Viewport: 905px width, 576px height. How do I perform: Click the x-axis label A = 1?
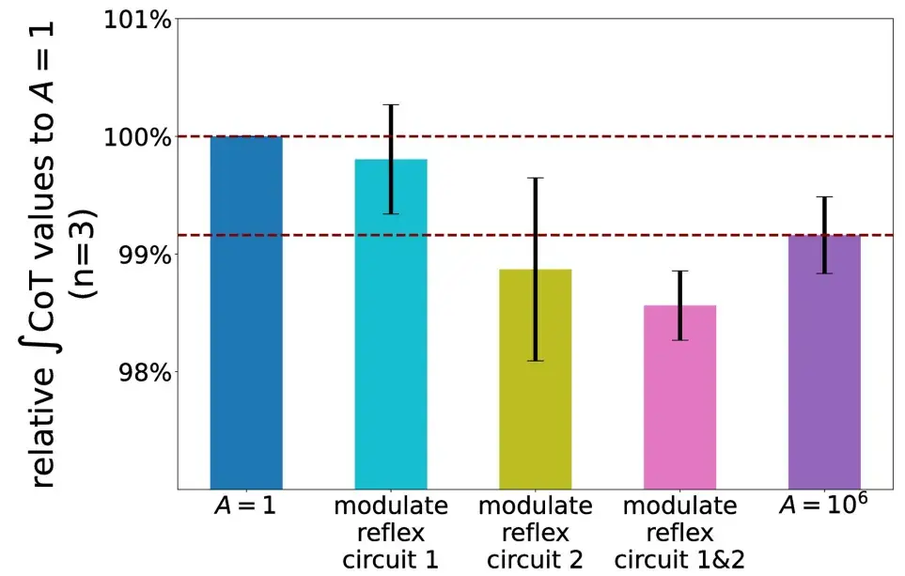pos(246,507)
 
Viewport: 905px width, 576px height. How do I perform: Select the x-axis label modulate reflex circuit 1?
pos(391,533)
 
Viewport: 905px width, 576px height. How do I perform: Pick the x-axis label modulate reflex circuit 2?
pos(535,533)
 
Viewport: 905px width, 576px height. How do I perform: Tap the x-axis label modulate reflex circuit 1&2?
pos(679,533)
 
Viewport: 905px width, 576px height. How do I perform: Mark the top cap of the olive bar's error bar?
pos(535,178)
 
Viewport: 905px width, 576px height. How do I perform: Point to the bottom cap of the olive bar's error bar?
pos(535,361)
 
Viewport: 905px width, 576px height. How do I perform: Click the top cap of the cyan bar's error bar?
pos(391,105)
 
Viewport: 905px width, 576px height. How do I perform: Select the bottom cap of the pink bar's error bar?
pos(679,340)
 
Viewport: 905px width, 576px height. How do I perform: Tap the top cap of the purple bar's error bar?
pos(824,197)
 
